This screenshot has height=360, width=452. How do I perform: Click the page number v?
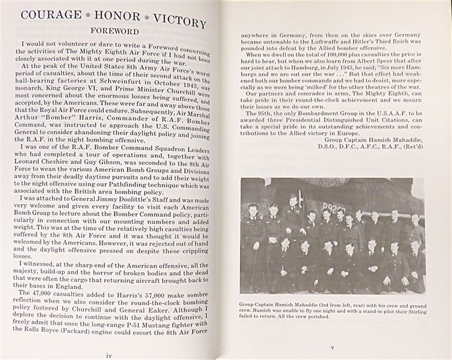point(332,347)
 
